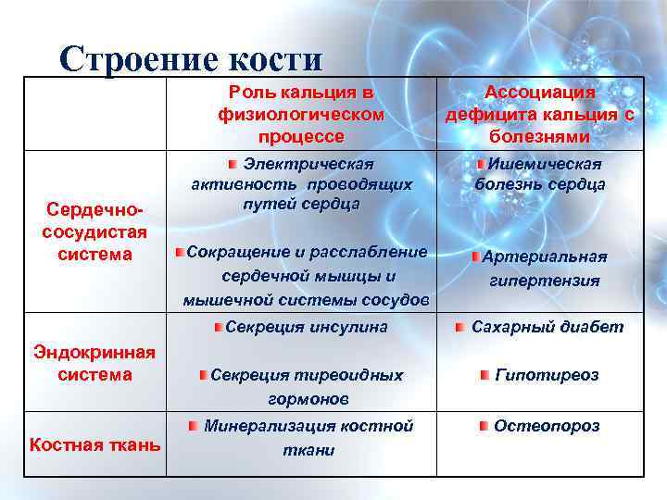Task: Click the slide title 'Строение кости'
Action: [x=191, y=59]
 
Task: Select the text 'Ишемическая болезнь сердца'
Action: [x=540, y=174]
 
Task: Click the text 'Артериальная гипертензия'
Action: [x=545, y=269]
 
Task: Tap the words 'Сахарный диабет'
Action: [x=547, y=327]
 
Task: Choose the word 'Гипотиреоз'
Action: [x=547, y=375]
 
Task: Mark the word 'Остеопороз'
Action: [x=547, y=426]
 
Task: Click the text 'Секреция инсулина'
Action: [x=307, y=327]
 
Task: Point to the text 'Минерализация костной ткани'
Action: [x=308, y=438]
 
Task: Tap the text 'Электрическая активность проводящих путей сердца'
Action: [x=301, y=183]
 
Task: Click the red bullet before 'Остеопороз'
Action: [x=484, y=426]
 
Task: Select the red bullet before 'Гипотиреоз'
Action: [x=485, y=374]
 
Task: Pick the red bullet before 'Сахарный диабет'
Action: [x=459, y=327]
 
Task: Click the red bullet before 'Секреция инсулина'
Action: [x=216, y=327]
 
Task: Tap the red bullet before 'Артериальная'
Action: [x=473, y=256]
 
